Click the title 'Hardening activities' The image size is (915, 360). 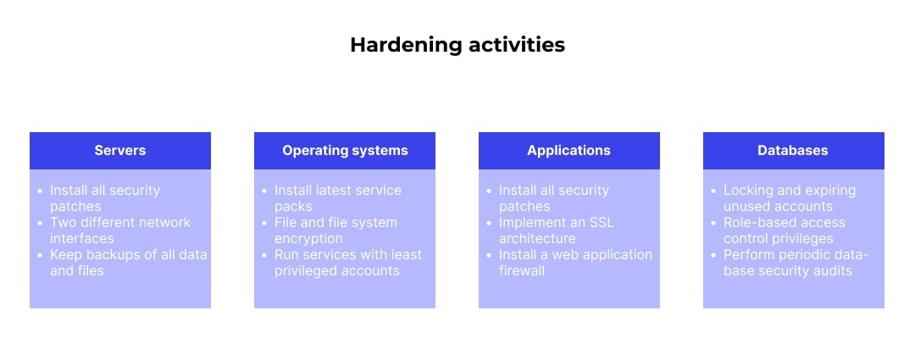point(457,45)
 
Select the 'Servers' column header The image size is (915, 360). point(119,151)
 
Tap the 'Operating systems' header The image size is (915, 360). point(345,151)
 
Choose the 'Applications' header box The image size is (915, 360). point(568,151)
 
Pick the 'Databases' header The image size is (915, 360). point(793,151)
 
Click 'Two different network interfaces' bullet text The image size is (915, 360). point(119,230)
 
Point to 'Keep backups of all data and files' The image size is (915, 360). point(127,263)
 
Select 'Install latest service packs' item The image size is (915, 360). point(337,198)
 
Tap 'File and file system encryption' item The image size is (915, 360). point(335,230)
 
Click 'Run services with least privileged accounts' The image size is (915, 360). point(347,263)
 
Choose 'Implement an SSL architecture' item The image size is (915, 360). point(556,230)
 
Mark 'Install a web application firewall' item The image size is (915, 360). point(574,263)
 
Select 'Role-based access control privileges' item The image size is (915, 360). point(784,230)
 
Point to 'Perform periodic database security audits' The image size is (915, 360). point(795,263)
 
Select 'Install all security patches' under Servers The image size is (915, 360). point(104,198)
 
